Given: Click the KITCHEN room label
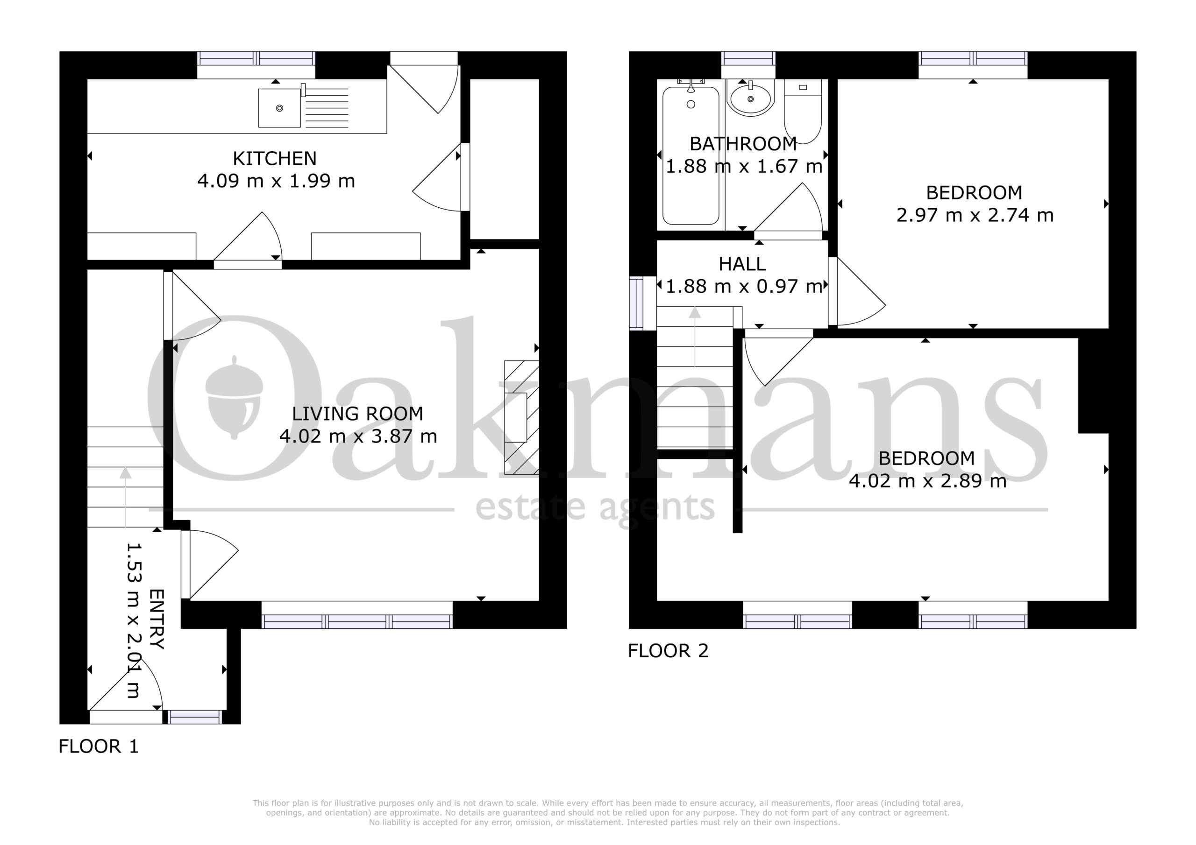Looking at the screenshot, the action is pyautogui.click(x=275, y=158).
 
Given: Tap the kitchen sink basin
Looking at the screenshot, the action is pyautogui.click(x=280, y=108).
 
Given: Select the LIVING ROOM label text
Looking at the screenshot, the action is pyautogui.click(x=357, y=414).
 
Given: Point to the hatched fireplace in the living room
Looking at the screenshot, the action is pyautogui.click(x=521, y=417).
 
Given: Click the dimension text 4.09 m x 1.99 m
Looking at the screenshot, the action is pyautogui.click(x=276, y=181).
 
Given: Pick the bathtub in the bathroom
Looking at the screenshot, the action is pyautogui.click(x=691, y=155).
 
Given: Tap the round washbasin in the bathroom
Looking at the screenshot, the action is pyautogui.click(x=751, y=98).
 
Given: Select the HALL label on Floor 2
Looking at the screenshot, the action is pyautogui.click(x=742, y=265).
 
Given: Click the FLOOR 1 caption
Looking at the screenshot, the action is pyautogui.click(x=99, y=746).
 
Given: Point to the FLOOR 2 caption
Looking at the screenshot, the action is pyautogui.click(x=669, y=651).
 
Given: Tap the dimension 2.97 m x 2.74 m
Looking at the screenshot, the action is pyautogui.click(x=975, y=216).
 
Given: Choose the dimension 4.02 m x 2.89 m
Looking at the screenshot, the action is pyautogui.click(x=927, y=481).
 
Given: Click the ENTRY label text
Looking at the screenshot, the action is pyautogui.click(x=157, y=619).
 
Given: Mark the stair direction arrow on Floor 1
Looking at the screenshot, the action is pyautogui.click(x=125, y=498).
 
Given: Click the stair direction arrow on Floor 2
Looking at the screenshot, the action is pyautogui.click(x=695, y=337).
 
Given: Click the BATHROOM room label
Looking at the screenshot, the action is pyautogui.click(x=743, y=144).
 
